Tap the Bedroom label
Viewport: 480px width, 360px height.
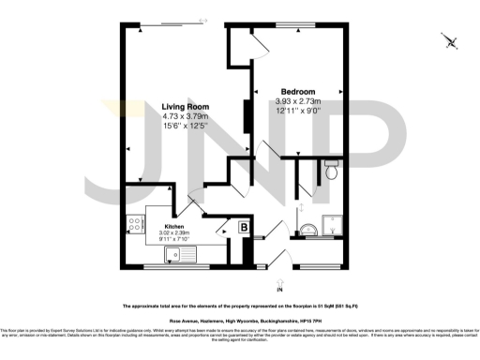299,91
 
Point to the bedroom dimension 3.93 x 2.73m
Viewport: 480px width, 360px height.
299,101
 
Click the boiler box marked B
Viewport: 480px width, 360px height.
242,226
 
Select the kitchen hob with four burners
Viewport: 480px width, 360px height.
134,226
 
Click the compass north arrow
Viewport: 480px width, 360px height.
451,41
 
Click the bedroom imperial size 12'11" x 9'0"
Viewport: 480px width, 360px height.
299,111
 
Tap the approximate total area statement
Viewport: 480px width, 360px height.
240,306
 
